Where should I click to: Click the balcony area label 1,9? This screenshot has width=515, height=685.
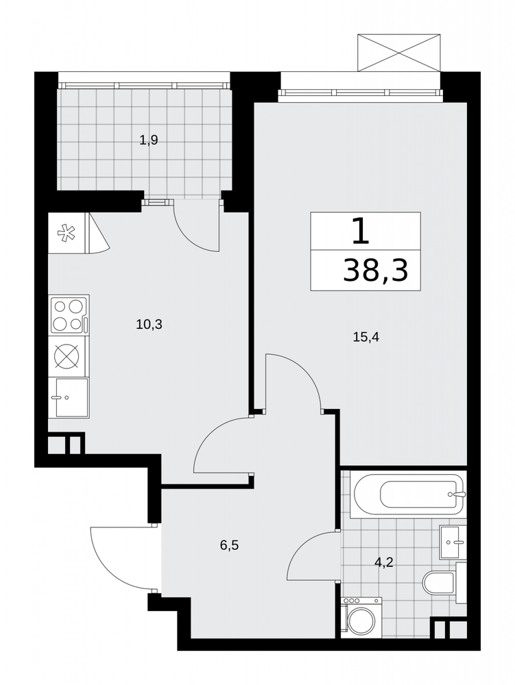pos(148,140)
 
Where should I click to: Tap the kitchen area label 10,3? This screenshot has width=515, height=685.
pos(149,324)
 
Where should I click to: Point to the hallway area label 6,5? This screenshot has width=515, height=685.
pos(229,545)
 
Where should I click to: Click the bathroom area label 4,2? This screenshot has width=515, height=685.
pos(384,562)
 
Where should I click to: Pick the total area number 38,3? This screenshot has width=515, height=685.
pos(376,271)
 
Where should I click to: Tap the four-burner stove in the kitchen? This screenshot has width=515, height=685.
pos(70,314)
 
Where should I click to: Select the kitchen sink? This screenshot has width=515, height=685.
pos(71,397)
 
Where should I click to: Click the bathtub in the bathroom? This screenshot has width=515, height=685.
pos(408,495)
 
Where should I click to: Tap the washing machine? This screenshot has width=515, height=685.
pos(361,615)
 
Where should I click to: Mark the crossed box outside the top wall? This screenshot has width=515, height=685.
pos(398,53)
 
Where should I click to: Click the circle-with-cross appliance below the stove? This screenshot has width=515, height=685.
pos(67,356)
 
